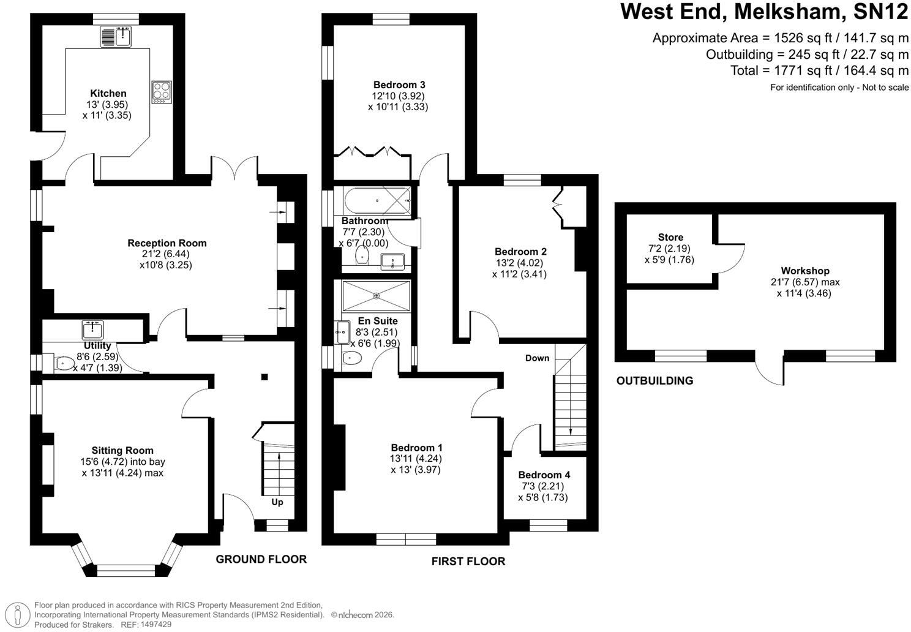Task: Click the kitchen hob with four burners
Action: coord(162,92)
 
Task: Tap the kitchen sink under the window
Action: coord(116,37)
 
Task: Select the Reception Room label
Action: coord(167,243)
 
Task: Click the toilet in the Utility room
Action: coord(64,363)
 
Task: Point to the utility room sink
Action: coord(93,329)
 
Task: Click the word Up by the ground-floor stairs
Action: coord(277,502)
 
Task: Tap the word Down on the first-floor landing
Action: coord(538,358)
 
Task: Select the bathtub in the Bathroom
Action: coord(377,200)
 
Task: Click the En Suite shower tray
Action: coord(377,296)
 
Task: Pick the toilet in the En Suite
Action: coord(352,358)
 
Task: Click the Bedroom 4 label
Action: coord(544,475)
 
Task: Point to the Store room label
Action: coord(670,237)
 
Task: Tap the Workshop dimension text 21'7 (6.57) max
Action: coord(805,282)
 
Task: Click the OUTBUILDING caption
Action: coord(655,381)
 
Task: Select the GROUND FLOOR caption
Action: coord(261,559)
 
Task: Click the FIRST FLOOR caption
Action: coord(468,562)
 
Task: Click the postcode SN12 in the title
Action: coord(880,12)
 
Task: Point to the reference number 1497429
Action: coord(156,624)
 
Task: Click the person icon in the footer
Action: coord(18,614)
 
